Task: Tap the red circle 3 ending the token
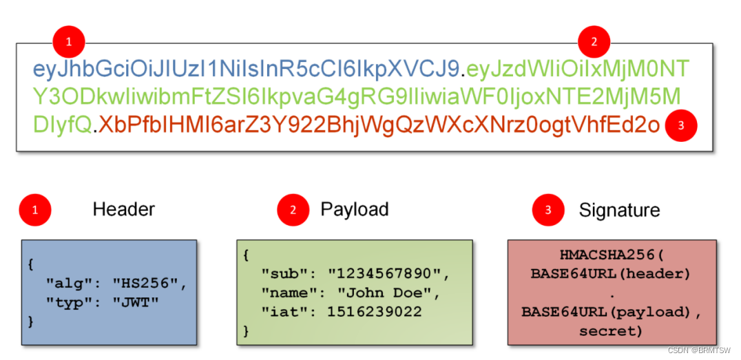tap(680, 125)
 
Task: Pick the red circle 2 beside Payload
tap(293, 211)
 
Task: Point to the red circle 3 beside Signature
tap(548, 211)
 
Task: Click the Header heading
tap(124, 209)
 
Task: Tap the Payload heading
tap(355, 209)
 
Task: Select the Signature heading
tap(619, 211)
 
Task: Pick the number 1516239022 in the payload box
tap(375, 312)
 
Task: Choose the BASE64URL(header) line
tap(610, 273)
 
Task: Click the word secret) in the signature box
tap(611, 331)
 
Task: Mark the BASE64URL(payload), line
tap(611, 312)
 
